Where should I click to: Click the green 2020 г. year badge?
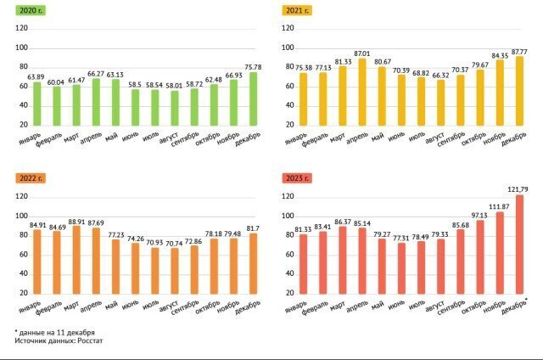28,10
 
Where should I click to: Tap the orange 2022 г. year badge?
29,178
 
